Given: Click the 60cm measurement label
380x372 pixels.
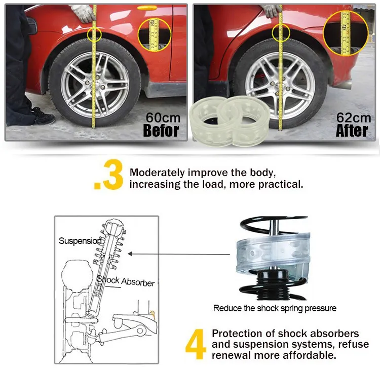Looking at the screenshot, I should point(163,117).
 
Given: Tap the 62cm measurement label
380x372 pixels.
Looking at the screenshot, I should point(353,117).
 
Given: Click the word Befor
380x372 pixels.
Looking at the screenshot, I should point(161,131).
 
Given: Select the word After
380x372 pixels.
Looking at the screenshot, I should point(353,131).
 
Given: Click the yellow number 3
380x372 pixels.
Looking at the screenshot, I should point(110,177).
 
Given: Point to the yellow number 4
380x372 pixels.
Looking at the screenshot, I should point(196,345).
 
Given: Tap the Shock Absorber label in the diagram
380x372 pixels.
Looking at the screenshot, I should point(126,280).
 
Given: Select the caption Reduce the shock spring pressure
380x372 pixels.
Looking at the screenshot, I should point(275,308).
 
